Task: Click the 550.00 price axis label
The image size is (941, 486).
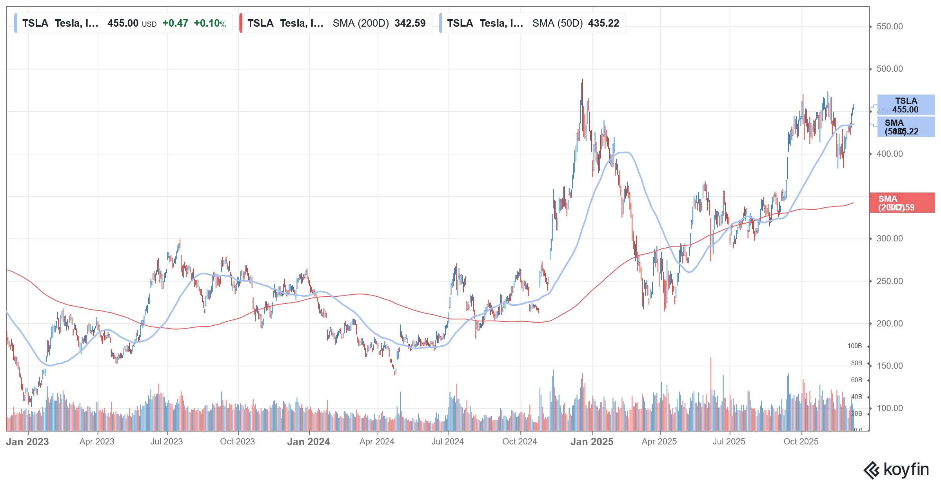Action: pyautogui.click(x=889, y=27)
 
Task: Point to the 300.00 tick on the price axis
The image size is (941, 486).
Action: pyautogui.click(x=889, y=239)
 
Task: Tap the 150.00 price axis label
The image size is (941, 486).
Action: pyautogui.click(x=889, y=366)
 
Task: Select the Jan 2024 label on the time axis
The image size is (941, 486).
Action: pyautogui.click(x=309, y=442)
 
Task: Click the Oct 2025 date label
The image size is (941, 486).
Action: pyautogui.click(x=801, y=442)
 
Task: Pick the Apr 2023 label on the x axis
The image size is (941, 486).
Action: pyautogui.click(x=97, y=442)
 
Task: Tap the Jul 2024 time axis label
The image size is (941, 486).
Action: pyautogui.click(x=447, y=442)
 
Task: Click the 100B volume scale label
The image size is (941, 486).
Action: pyautogui.click(x=855, y=346)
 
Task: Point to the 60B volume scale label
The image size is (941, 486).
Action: pyautogui.click(x=856, y=380)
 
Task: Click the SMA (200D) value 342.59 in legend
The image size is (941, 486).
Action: pyautogui.click(x=410, y=23)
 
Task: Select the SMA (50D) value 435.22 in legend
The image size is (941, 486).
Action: pyautogui.click(x=603, y=23)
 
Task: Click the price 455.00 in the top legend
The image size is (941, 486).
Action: pyautogui.click(x=123, y=23)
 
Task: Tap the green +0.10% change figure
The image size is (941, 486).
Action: pyautogui.click(x=210, y=23)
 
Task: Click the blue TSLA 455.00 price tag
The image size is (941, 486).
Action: pyautogui.click(x=906, y=105)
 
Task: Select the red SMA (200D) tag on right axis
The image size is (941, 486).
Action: pyautogui.click(x=902, y=203)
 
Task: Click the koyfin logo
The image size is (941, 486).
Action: pyautogui.click(x=896, y=470)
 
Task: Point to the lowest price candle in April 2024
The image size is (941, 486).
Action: pyautogui.click(x=395, y=372)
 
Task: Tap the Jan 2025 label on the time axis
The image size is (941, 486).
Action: pyautogui.click(x=592, y=442)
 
